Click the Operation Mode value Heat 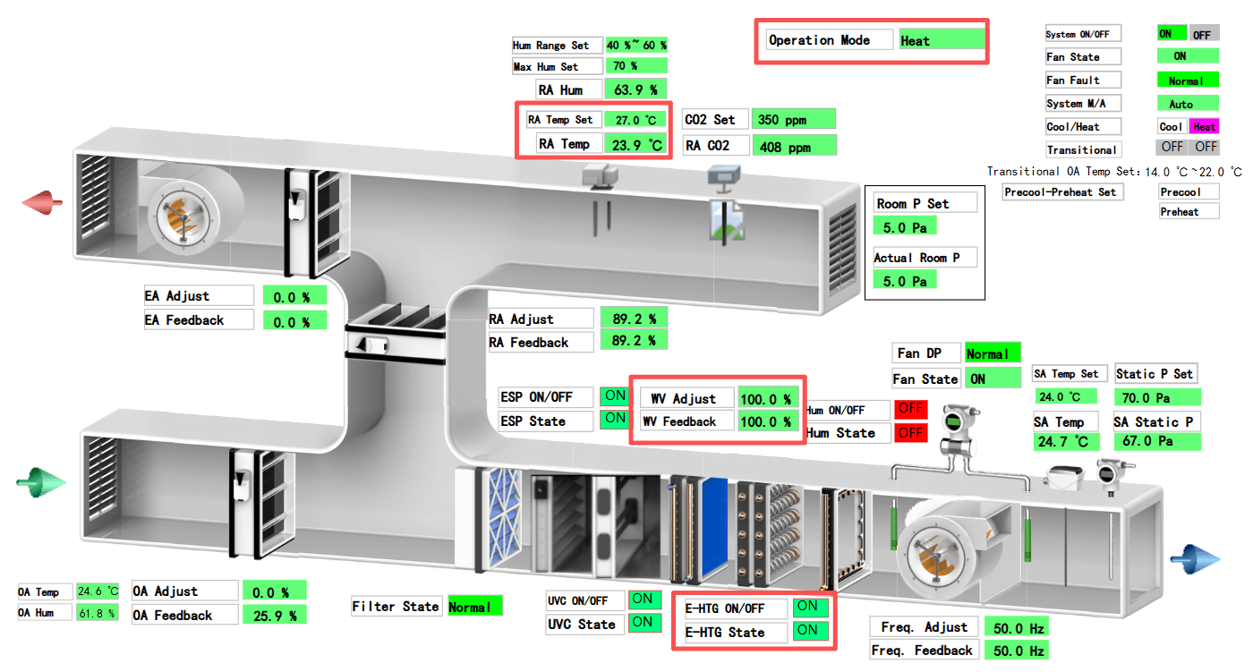pyautogui.click(x=942, y=40)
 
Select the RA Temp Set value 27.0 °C pyautogui.click(x=635, y=119)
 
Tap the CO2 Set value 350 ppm pyautogui.click(x=793, y=119)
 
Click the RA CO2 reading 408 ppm pyautogui.click(x=793, y=146)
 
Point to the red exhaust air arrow pyautogui.click(x=43, y=202)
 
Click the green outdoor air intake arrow pyautogui.click(x=41, y=483)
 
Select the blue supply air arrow pyautogui.click(x=1196, y=558)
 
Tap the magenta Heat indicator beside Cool pyautogui.click(x=1204, y=127)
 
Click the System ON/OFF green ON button pyautogui.click(x=1171, y=34)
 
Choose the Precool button pyautogui.click(x=1189, y=191)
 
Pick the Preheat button pyautogui.click(x=1189, y=212)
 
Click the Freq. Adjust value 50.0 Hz pyautogui.click(x=1016, y=627)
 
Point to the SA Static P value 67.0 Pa pyautogui.click(x=1156, y=441)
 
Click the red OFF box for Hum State pyautogui.click(x=910, y=433)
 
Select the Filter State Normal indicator pyautogui.click(x=474, y=607)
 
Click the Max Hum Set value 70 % pyautogui.click(x=635, y=66)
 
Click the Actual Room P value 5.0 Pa pyautogui.click(x=905, y=281)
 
